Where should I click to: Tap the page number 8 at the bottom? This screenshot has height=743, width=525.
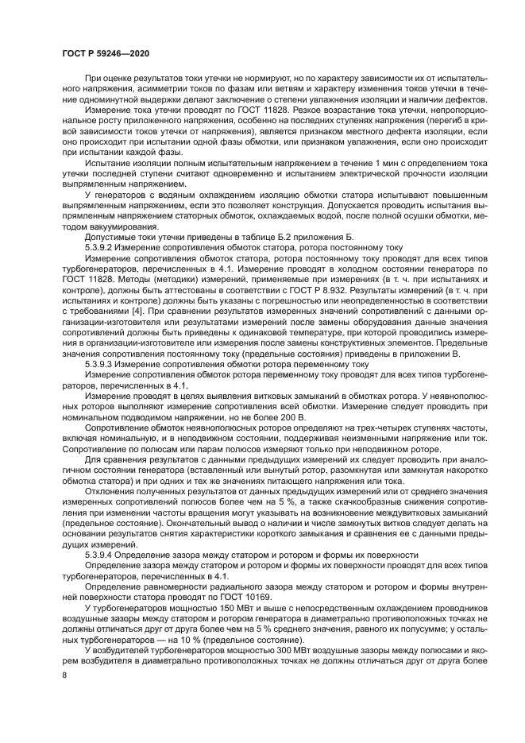pos(64,673)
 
